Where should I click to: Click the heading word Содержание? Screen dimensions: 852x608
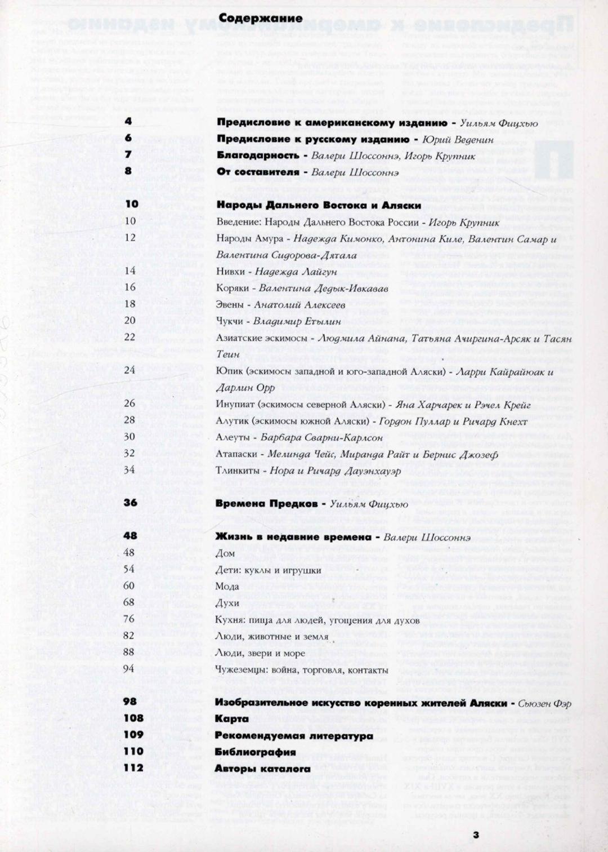tap(260, 18)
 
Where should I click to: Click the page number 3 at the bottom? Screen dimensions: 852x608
tap(476, 835)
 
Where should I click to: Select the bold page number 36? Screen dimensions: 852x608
tap(130, 502)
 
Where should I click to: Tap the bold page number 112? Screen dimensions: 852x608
tap(133, 767)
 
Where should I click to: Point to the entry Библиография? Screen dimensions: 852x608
tap(255, 752)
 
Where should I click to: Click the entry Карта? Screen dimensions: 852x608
tap(231, 718)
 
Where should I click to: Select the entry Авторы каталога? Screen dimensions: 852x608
tap(262, 768)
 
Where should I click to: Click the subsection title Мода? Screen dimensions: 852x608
tap(227, 586)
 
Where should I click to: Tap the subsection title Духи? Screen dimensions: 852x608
tap(227, 603)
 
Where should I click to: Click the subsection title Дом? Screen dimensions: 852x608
tap(225, 553)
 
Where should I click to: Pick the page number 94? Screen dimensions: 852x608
tap(128, 668)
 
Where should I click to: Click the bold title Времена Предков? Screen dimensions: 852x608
tap(267, 503)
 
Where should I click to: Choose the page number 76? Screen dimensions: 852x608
tap(128, 619)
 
